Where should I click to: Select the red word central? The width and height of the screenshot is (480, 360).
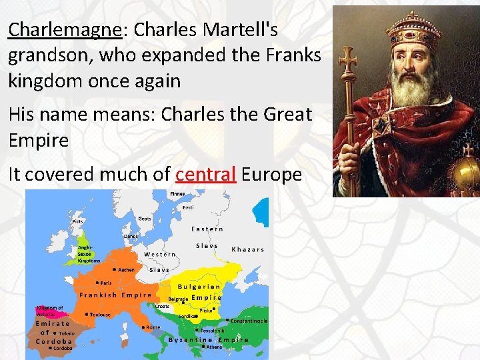(205, 174)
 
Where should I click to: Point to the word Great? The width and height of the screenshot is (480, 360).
(288, 114)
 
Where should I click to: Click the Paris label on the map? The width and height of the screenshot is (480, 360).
(104, 283)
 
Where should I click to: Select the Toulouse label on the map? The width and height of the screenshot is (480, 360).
(100, 314)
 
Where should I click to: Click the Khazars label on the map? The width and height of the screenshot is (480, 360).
(247, 249)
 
